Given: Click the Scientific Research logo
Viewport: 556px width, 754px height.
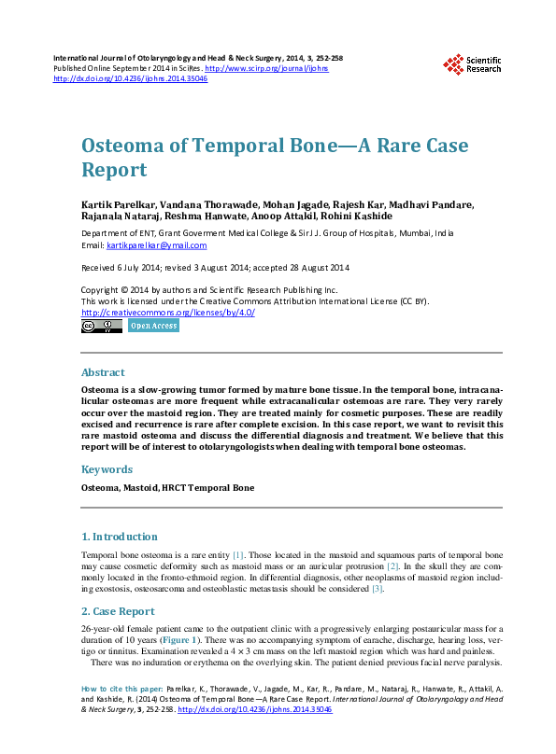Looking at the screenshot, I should pos(472,63).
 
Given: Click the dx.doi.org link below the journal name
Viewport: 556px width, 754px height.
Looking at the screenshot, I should pos(131,79).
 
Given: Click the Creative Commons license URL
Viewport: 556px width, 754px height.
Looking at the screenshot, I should pos(168,313).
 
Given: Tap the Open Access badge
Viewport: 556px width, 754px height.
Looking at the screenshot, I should pos(152,327).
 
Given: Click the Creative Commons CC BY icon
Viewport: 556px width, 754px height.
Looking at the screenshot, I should pos(102,327).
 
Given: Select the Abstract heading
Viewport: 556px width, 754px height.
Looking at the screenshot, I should pos(103,372).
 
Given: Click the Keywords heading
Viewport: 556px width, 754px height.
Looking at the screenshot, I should pos(106,469).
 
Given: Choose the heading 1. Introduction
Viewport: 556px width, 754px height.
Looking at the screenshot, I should pos(119,537).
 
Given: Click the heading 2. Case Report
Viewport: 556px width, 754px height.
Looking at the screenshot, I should pos(118,611).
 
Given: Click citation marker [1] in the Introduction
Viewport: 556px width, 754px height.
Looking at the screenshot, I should pos(237,553).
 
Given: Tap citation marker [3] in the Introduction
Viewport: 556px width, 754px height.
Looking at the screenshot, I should pos(378,589).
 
